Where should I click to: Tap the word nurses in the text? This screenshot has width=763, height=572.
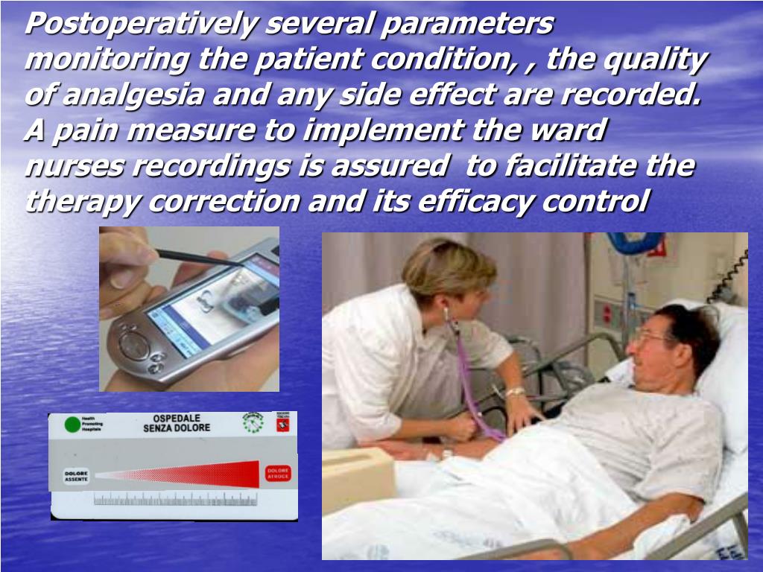pos(75,166)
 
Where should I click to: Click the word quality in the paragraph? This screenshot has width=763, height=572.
pos(654,60)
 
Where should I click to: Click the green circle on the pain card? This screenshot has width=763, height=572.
pos(72,425)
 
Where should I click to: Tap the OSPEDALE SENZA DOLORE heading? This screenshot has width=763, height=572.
pos(177,423)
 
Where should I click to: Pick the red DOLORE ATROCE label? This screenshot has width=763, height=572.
pos(278,473)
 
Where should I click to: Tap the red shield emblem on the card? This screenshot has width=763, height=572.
pos(282,423)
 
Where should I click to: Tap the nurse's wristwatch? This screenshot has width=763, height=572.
pos(515,392)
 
